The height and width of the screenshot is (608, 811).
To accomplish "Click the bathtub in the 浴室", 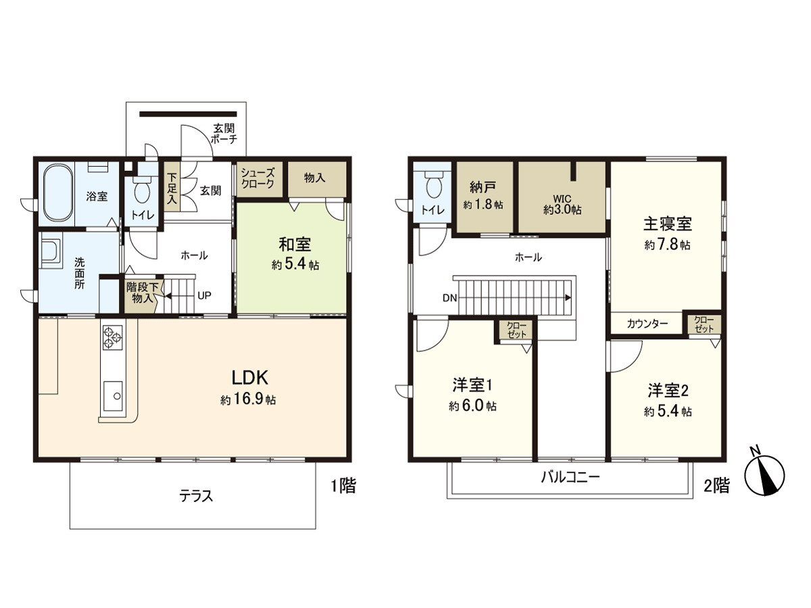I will click(58, 193).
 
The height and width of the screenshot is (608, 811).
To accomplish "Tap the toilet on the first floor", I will click(142, 191).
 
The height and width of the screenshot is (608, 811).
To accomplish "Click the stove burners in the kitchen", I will click(112, 337).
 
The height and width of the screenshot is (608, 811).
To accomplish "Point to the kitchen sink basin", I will click(113, 394).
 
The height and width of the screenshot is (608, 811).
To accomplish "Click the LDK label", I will click(247, 377).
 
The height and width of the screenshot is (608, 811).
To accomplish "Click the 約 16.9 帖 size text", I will click(247, 400).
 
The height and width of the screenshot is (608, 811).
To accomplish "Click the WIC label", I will click(562, 199).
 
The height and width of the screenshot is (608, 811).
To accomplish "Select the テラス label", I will click(196, 496).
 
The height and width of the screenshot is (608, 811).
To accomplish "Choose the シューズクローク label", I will click(257, 178).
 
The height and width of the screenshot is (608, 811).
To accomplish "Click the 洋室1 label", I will click(472, 386).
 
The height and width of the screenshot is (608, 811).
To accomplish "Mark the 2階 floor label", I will click(716, 485).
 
